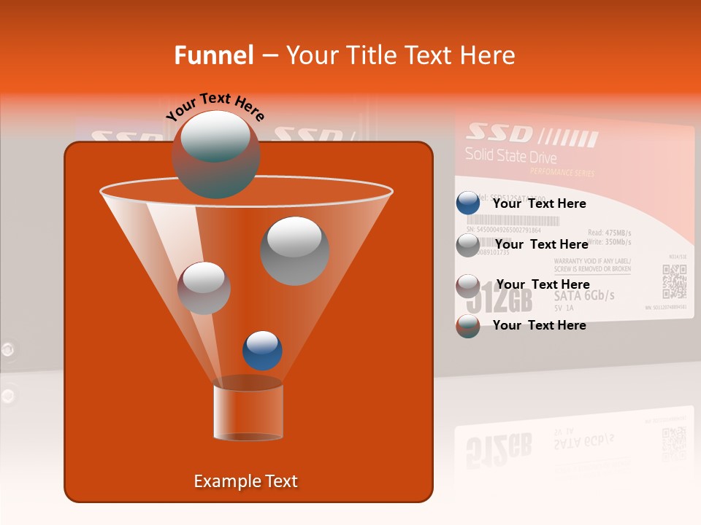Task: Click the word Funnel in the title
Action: pos(214,55)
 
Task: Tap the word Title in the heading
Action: pos(369,55)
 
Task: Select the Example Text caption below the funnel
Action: pos(246,481)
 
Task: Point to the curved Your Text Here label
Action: pos(215,106)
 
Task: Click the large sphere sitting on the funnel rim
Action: pos(215,154)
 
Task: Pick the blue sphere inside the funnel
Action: pos(262,350)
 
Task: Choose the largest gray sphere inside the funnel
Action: pos(294,251)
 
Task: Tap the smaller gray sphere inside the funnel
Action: pos(204,288)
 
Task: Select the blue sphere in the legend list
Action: pos(467,203)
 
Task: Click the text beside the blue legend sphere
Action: pos(539,204)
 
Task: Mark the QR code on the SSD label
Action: pos(674,281)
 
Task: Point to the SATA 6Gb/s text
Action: pos(584,295)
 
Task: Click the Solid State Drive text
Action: pos(510,156)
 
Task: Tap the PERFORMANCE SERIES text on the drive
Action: pos(562,173)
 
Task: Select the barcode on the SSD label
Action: pos(504,220)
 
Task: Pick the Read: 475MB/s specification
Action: pos(609,232)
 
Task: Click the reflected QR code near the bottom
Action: pos(673,443)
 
